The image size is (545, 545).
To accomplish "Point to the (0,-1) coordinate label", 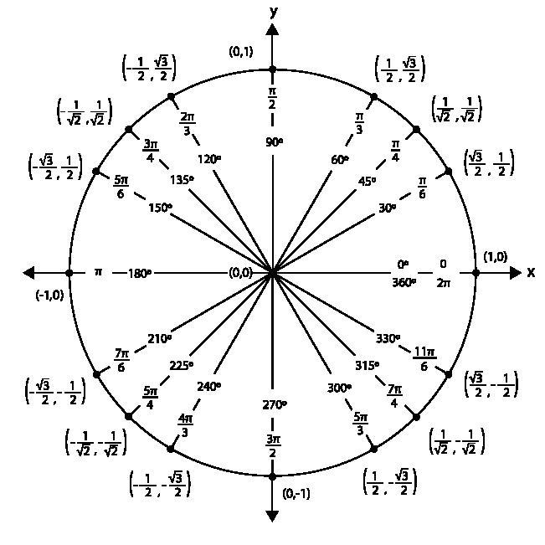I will click(x=296, y=493).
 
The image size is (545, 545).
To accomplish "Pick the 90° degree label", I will click(x=273, y=141).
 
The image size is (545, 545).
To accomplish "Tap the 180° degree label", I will click(x=140, y=273).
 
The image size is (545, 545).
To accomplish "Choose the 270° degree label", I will click(x=273, y=404).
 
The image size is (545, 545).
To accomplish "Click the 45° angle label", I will click(x=366, y=180).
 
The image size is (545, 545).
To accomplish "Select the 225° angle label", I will click(x=180, y=366).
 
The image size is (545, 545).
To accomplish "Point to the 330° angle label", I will click(x=388, y=339).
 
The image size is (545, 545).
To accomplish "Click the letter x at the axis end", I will click(x=531, y=273).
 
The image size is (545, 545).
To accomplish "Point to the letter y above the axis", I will click(x=273, y=12).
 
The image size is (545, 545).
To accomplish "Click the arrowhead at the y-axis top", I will click(x=273, y=30).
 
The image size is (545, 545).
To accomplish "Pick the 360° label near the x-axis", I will click(x=404, y=283).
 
